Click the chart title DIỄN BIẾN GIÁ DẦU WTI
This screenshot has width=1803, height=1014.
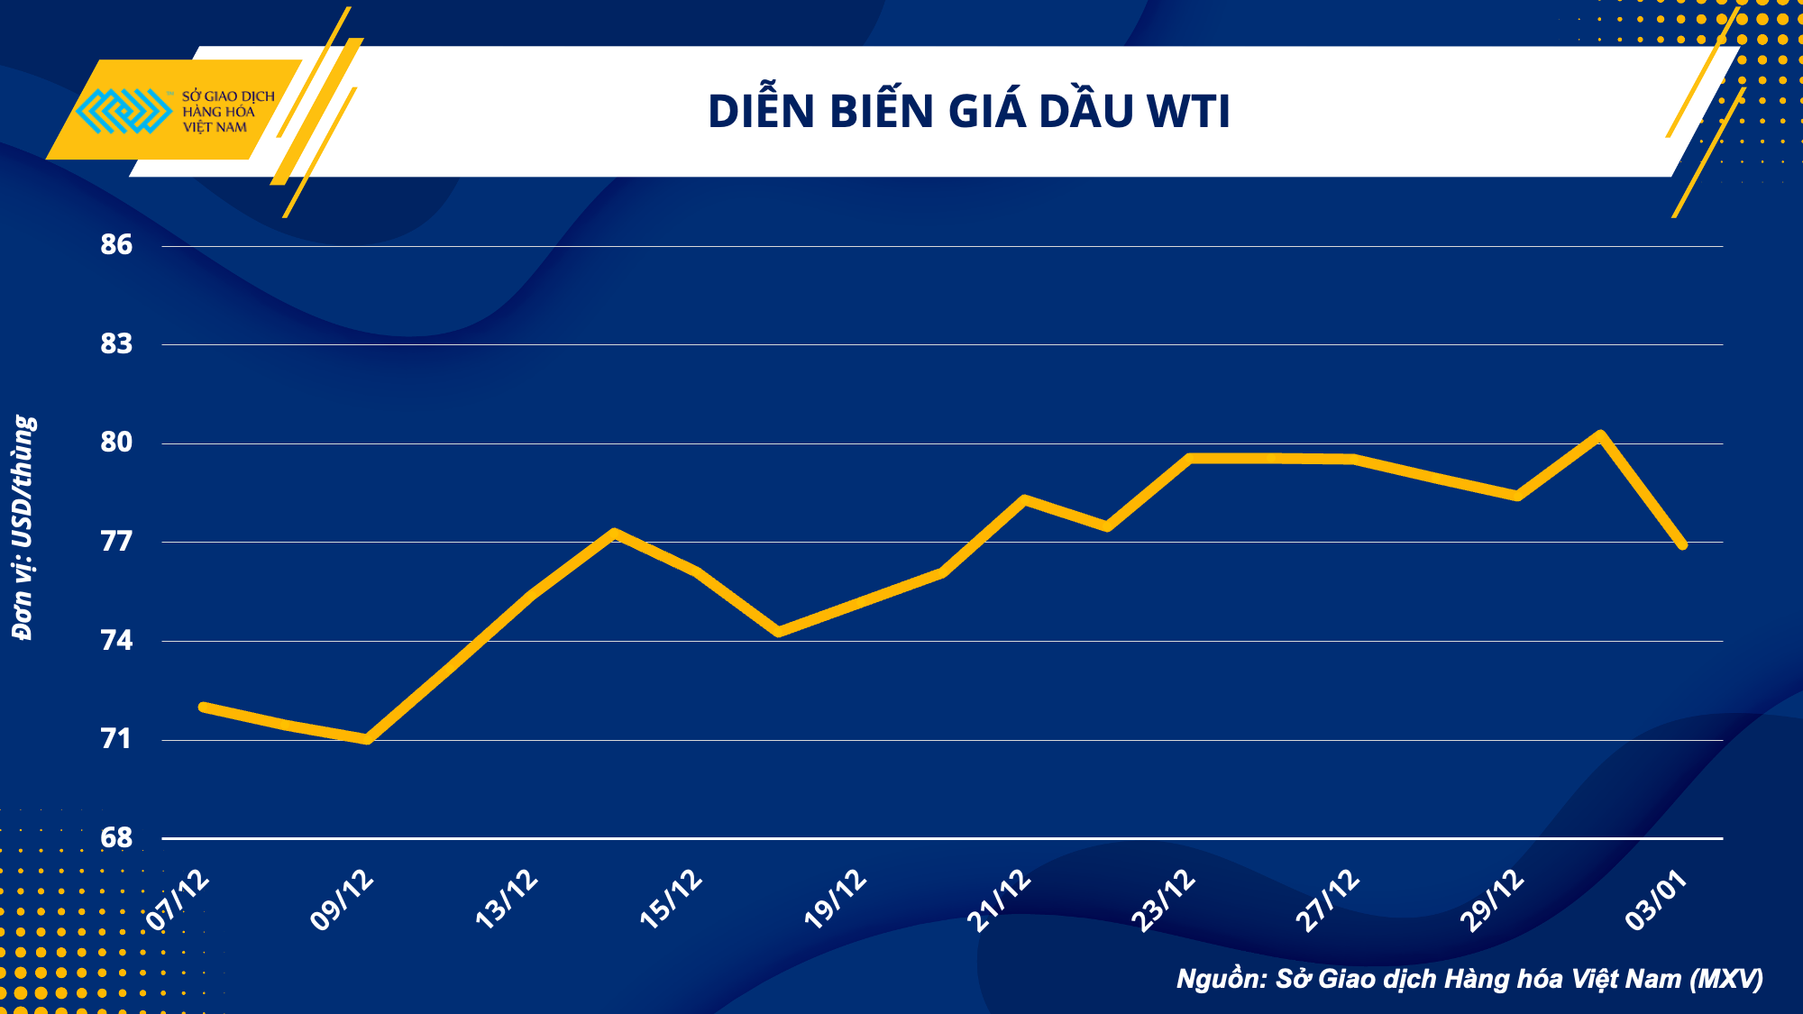pyautogui.click(x=968, y=112)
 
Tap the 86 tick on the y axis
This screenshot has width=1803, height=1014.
pyautogui.click(x=116, y=244)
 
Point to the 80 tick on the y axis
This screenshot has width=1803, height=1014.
pyautogui.click(x=116, y=442)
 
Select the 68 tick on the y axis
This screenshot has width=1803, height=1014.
pyautogui.click(x=116, y=837)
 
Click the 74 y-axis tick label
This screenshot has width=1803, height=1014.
pyautogui.click(x=116, y=640)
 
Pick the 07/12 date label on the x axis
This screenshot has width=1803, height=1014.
pyautogui.click(x=178, y=900)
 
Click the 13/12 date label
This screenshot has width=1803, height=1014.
pyautogui.click(x=507, y=900)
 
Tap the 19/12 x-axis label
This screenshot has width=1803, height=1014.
pyautogui.click(x=836, y=900)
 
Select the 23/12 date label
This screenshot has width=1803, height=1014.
pyautogui.click(x=1164, y=900)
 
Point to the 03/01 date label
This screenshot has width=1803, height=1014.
pyautogui.click(x=1656, y=900)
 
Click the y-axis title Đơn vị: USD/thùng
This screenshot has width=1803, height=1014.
pyautogui.click(x=23, y=527)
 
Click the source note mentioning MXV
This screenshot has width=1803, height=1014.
pyautogui.click(x=1469, y=979)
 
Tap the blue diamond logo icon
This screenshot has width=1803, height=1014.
pyautogui.click(x=124, y=111)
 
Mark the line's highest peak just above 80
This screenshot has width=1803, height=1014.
pyautogui.click(x=1599, y=436)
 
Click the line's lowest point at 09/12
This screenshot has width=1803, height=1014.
pyautogui.click(x=367, y=739)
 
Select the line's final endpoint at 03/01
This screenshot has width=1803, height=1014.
pyautogui.click(x=1682, y=544)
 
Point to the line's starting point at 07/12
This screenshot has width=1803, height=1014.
pyautogui.click(x=204, y=707)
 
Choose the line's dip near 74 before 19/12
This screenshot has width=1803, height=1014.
pyautogui.click(x=779, y=632)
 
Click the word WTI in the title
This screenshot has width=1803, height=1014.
pyautogui.click(x=1188, y=112)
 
